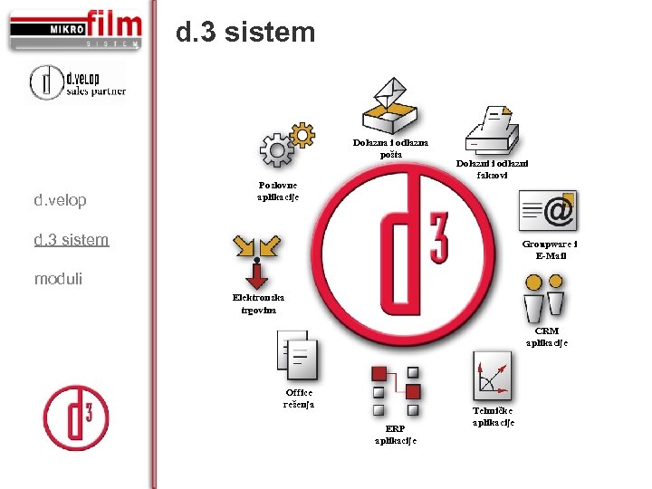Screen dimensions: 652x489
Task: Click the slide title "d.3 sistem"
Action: point(245,34)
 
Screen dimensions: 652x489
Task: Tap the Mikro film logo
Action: point(76,30)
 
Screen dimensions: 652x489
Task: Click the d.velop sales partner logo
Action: point(77,82)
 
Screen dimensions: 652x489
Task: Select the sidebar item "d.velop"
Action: point(60,200)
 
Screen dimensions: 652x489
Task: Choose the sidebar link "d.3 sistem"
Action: point(71,240)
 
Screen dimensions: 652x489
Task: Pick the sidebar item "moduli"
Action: point(58,279)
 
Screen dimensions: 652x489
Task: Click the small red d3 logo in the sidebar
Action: point(75,417)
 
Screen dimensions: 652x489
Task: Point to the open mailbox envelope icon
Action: point(389,107)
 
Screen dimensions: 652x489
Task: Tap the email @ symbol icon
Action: point(548,211)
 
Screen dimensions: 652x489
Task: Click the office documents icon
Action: point(297,356)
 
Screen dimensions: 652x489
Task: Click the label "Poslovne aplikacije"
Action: point(277,191)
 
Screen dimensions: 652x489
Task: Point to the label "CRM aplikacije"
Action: point(546,337)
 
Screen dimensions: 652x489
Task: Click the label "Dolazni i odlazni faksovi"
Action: point(492,168)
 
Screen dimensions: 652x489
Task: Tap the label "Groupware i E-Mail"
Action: point(551,249)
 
